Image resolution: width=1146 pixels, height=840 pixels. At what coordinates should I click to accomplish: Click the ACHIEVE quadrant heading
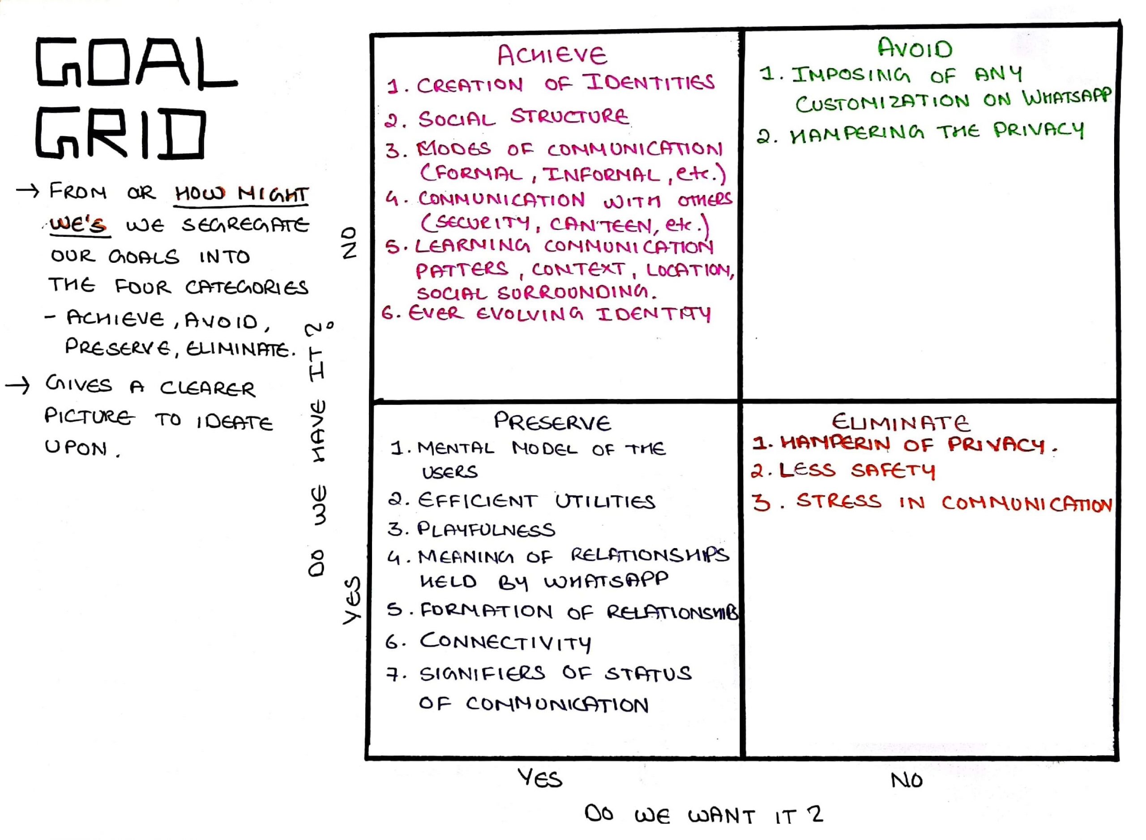click(552, 55)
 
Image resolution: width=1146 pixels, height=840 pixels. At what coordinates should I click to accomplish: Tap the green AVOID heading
click(914, 49)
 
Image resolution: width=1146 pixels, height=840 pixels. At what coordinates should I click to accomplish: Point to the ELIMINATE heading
click(901, 422)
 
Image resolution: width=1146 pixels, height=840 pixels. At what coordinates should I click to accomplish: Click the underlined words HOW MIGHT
click(241, 194)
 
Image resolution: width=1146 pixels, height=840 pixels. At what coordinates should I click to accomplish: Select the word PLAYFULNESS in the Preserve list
click(486, 530)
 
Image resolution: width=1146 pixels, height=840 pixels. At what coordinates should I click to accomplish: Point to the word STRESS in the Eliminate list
click(838, 501)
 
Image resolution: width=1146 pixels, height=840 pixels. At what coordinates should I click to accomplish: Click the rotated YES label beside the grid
click(351, 600)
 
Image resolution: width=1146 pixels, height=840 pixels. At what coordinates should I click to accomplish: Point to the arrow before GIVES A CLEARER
click(18, 386)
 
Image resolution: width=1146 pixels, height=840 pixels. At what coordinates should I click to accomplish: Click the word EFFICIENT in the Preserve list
click(477, 501)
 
